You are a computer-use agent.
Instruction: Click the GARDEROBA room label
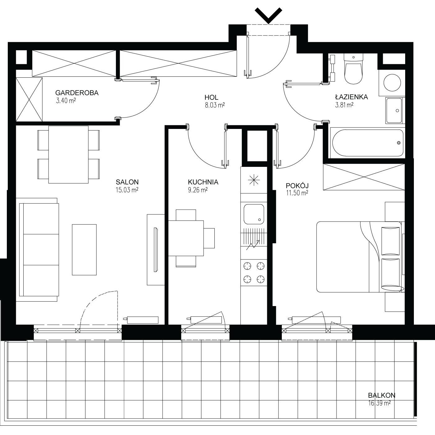pyautogui.click(x=77, y=93)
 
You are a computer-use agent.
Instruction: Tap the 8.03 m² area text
pyautogui.click(x=214, y=105)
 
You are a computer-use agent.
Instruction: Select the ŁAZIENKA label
pyautogui.click(x=351, y=97)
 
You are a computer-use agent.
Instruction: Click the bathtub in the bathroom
pyautogui.click(x=368, y=143)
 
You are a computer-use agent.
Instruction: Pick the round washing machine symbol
pyautogui.click(x=392, y=83)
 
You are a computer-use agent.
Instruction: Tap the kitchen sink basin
pyautogui.click(x=254, y=214)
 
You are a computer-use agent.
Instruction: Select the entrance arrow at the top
pyautogui.click(x=268, y=15)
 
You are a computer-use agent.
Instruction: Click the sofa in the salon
pyautogui.click(x=39, y=250)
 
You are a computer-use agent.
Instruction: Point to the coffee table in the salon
pyautogui.click(x=84, y=250)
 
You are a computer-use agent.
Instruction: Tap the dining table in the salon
pyautogui.click(x=68, y=155)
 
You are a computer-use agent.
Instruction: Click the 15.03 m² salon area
pyautogui.click(x=127, y=190)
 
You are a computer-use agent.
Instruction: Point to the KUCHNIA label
pyautogui.click(x=203, y=182)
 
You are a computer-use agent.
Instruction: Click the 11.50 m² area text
pyautogui.click(x=297, y=193)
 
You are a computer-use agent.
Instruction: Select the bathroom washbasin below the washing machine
pyautogui.click(x=394, y=110)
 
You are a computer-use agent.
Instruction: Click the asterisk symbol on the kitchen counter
pyautogui.click(x=254, y=180)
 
